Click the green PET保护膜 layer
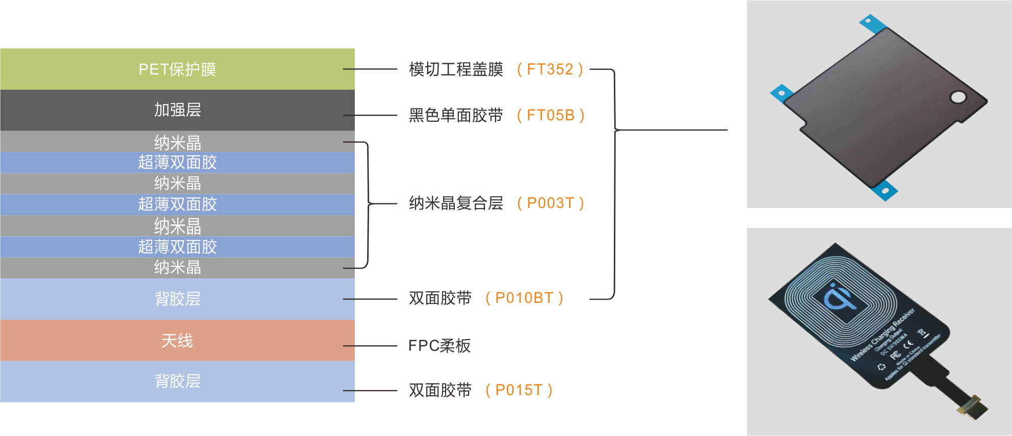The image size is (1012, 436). tap(177, 69)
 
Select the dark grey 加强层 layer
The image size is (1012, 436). tap(177, 110)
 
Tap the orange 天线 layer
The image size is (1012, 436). tap(177, 340)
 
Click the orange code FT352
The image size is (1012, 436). tap(550, 69)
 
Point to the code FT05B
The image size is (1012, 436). tap(550, 115)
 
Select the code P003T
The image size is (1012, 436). tap(550, 203)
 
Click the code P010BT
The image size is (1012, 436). tap(524, 298)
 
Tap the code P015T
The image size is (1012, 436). tap(518, 390)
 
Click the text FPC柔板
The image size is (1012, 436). tap(439, 346)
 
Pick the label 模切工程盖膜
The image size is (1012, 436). tap(456, 69)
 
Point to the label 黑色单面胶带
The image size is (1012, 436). tap(456, 115)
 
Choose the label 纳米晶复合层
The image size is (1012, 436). tap(456, 203)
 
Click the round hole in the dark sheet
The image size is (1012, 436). tap(958, 97)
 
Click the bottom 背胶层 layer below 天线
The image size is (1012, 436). tap(177, 381)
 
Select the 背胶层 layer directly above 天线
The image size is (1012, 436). tap(177, 299)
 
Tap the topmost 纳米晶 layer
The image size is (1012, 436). tap(177, 142)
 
